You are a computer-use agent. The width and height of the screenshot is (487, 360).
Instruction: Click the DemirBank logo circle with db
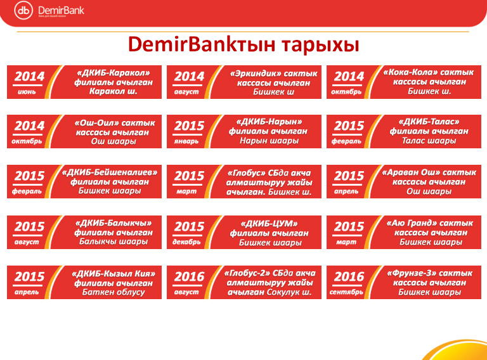coord(23,10)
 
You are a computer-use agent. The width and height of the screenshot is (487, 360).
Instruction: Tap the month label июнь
coord(27,92)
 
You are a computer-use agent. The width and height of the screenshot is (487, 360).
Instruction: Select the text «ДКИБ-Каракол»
coord(114,73)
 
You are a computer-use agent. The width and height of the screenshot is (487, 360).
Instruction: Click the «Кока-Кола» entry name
coord(411,72)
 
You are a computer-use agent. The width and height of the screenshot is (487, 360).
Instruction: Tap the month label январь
coord(186,141)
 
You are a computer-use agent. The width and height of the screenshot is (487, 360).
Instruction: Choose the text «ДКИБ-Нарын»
coord(269,122)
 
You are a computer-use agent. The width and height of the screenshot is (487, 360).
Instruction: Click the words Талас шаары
coord(429,141)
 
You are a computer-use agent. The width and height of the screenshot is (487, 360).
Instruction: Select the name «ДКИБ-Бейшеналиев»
coord(110,172)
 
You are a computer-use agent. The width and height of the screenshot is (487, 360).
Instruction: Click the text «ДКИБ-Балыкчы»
coord(114,223)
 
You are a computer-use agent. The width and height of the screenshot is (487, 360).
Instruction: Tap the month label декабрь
coord(186,241)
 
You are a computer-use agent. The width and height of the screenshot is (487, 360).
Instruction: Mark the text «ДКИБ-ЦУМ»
coord(269,224)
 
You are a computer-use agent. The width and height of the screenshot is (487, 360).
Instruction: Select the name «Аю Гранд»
coord(411,223)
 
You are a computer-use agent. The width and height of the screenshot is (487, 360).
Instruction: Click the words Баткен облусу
coord(114,292)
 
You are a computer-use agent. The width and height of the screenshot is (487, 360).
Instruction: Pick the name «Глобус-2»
coord(246,273)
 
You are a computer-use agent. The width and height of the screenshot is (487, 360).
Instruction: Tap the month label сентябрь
coord(346,292)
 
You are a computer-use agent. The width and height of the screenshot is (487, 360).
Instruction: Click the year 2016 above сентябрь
coord(349,276)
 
